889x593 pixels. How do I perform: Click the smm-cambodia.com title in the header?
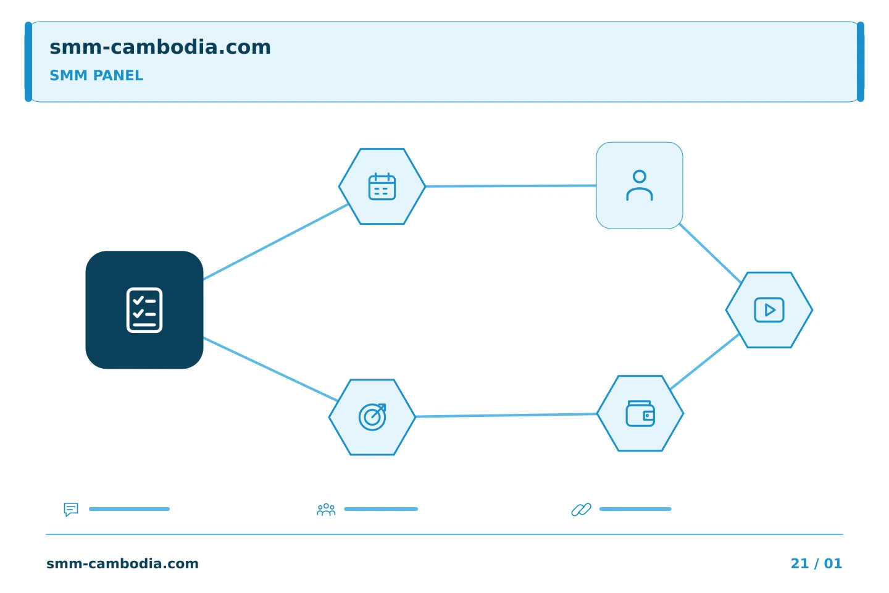tap(160, 48)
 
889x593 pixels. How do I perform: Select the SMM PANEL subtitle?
tap(96, 75)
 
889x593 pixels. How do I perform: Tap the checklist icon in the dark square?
tap(144, 310)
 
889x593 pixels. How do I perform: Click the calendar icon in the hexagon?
tap(382, 187)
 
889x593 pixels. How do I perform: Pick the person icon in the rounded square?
tap(640, 185)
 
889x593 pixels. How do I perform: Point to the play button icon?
tap(769, 310)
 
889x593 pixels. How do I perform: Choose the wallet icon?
tap(640, 413)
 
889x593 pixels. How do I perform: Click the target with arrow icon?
tap(372, 417)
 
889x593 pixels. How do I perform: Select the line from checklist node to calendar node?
tap(276, 242)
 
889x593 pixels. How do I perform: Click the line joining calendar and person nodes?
tap(511, 186)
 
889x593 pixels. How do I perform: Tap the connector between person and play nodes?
tap(710, 253)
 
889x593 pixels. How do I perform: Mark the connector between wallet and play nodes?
tap(704, 361)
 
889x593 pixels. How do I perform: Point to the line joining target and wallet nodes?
tap(506, 416)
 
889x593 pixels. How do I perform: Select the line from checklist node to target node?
tap(270, 369)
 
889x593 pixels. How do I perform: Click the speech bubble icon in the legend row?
tap(71, 509)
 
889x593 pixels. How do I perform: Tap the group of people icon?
tap(326, 510)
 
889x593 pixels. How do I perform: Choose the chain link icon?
tap(581, 510)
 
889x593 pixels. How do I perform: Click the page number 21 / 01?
tap(816, 563)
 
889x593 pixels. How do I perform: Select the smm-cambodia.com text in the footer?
tap(122, 563)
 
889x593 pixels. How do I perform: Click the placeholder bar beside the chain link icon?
tap(635, 509)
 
